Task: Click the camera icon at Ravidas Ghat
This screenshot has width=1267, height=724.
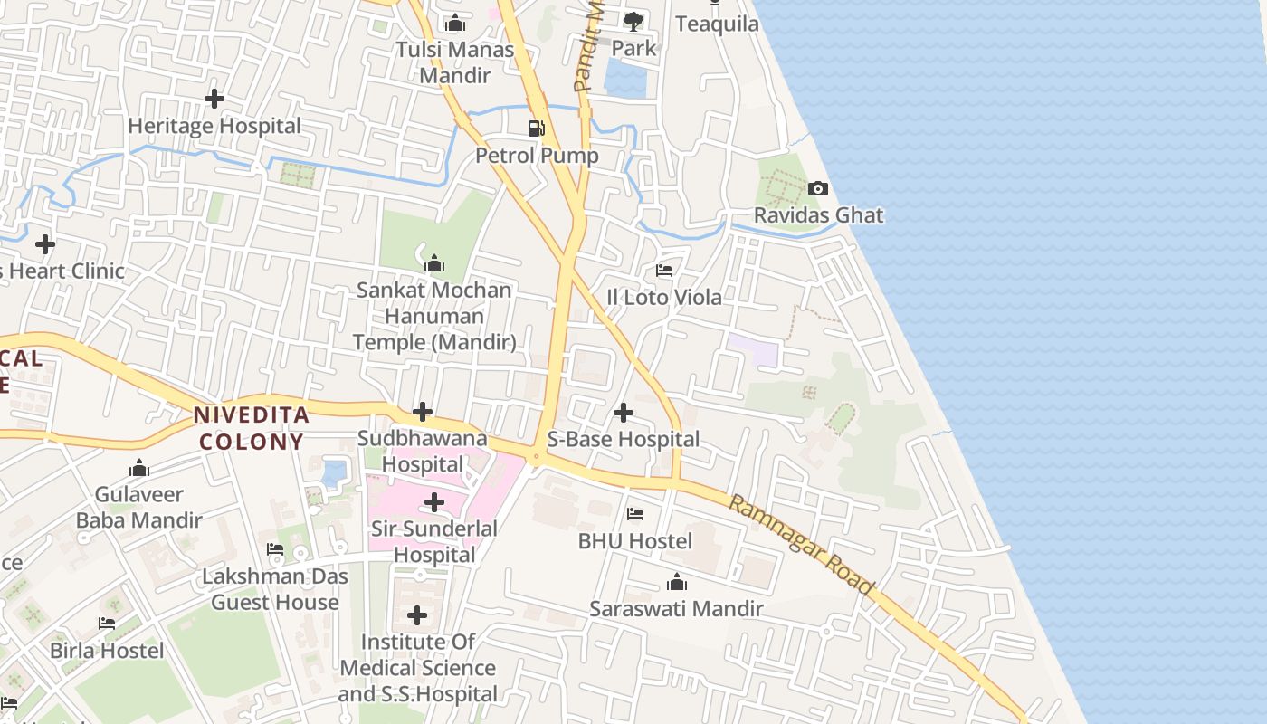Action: [x=818, y=189]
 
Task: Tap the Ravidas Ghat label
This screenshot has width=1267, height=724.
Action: [x=819, y=215]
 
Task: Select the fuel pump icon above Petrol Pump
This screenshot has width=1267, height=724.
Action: [x=537, y=129]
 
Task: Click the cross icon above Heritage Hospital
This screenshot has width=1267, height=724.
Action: [x=214, y=99]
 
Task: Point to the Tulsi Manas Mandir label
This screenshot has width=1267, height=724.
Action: [x=454, y=62]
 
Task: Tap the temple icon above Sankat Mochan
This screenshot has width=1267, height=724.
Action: [x=434, y=263]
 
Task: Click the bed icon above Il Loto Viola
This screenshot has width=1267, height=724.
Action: [x=664, y=271]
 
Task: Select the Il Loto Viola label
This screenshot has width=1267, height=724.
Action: [x=664, y=297]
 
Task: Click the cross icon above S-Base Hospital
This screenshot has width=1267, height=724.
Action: [x=624, y=414]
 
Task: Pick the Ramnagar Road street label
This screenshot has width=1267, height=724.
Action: [x=802, y=545]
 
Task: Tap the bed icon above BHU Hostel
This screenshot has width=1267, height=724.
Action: [x=635, y=514]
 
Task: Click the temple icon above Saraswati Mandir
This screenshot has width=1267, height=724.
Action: [x=676, y=583]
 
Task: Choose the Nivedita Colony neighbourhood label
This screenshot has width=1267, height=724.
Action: [x=252, y=429]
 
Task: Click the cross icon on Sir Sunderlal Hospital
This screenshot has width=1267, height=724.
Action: [x=434, y=502]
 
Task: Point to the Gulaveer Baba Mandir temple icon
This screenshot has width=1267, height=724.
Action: [x=139, y=468]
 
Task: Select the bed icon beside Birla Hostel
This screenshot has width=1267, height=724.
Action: [x=107, y=624]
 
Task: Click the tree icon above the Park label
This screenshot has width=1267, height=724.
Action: [x=633, y=21]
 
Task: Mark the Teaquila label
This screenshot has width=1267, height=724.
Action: [x=717, y=24]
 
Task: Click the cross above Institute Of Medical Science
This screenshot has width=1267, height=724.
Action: [x=417, y=616]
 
